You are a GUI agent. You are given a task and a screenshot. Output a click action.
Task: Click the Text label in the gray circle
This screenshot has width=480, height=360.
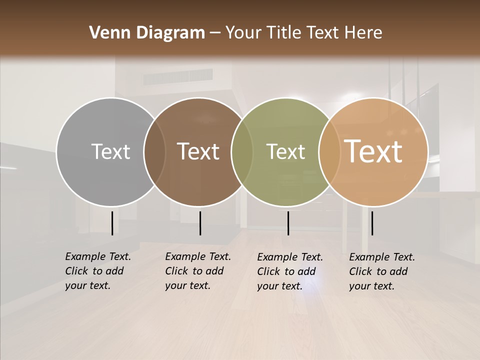click(110, 151)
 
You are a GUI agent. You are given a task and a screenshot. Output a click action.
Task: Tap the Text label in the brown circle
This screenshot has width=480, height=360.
click(198, 151)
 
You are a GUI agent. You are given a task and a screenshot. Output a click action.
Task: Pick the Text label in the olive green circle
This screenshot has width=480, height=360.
click(285, 151)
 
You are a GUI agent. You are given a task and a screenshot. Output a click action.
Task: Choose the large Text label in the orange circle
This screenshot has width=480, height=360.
click(373, 151)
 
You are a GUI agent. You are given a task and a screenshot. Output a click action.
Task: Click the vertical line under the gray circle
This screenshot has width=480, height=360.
click(112, 223)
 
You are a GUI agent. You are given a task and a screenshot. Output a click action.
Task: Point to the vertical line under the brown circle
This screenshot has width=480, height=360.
click(200, 223)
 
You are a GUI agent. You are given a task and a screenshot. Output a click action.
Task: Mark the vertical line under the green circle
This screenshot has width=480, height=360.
click(288, 223)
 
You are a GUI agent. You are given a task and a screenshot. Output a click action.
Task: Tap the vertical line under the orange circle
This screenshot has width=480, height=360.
click(372, 223)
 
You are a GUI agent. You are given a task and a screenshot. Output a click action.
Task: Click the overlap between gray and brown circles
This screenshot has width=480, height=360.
click(154, 151)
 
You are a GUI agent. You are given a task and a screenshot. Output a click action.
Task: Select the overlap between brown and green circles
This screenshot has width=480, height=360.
click(242, 151)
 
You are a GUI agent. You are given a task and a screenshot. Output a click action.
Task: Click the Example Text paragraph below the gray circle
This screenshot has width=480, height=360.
click(97, 271)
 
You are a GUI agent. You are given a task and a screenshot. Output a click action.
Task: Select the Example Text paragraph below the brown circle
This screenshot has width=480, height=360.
click(197, 271)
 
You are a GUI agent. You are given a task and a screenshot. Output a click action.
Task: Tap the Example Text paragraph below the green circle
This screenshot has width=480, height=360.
click(289, 271)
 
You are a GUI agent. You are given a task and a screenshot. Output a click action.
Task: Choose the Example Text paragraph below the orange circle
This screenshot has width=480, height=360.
click(381, 271)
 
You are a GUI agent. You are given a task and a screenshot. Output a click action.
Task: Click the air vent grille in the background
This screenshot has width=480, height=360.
click(178, 77)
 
